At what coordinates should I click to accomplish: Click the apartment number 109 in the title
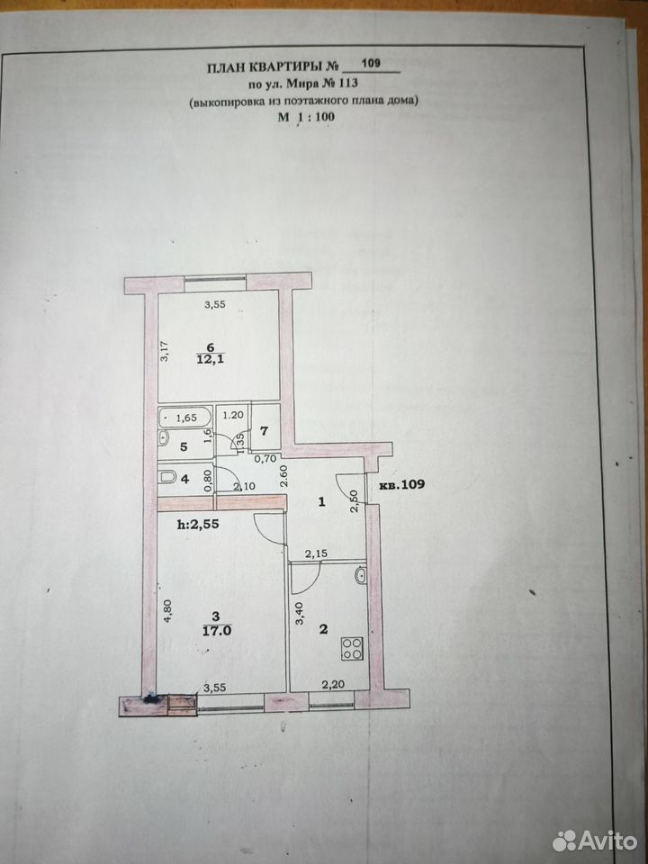click(x=371, y=63)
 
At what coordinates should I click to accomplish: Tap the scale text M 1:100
click(x=306, y=117)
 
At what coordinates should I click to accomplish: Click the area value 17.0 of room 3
click(x=217, y=631)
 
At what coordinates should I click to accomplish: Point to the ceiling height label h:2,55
click(x=198, y=524)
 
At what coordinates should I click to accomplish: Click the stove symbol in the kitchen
click(x=352, y=648)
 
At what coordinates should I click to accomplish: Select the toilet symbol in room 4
click(x=167, y=477)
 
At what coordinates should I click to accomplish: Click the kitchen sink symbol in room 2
click(x=360, y=576)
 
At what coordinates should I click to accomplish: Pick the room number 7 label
click(x=264, y=430)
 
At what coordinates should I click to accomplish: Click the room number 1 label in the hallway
click(x=322, y=501)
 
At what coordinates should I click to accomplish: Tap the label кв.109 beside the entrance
click(x=402, y=485)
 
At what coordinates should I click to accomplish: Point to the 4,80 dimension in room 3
click(x=168, y=610)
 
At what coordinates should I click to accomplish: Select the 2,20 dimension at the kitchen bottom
click(x=332, y=685)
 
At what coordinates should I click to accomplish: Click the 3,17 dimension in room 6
click(x=164, y=351)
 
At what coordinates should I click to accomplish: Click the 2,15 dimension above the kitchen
click(x=316, y=553)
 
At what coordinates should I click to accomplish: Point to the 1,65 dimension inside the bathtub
click(x=186, y=418)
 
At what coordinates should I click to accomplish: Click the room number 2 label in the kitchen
click(x=323, y=629)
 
